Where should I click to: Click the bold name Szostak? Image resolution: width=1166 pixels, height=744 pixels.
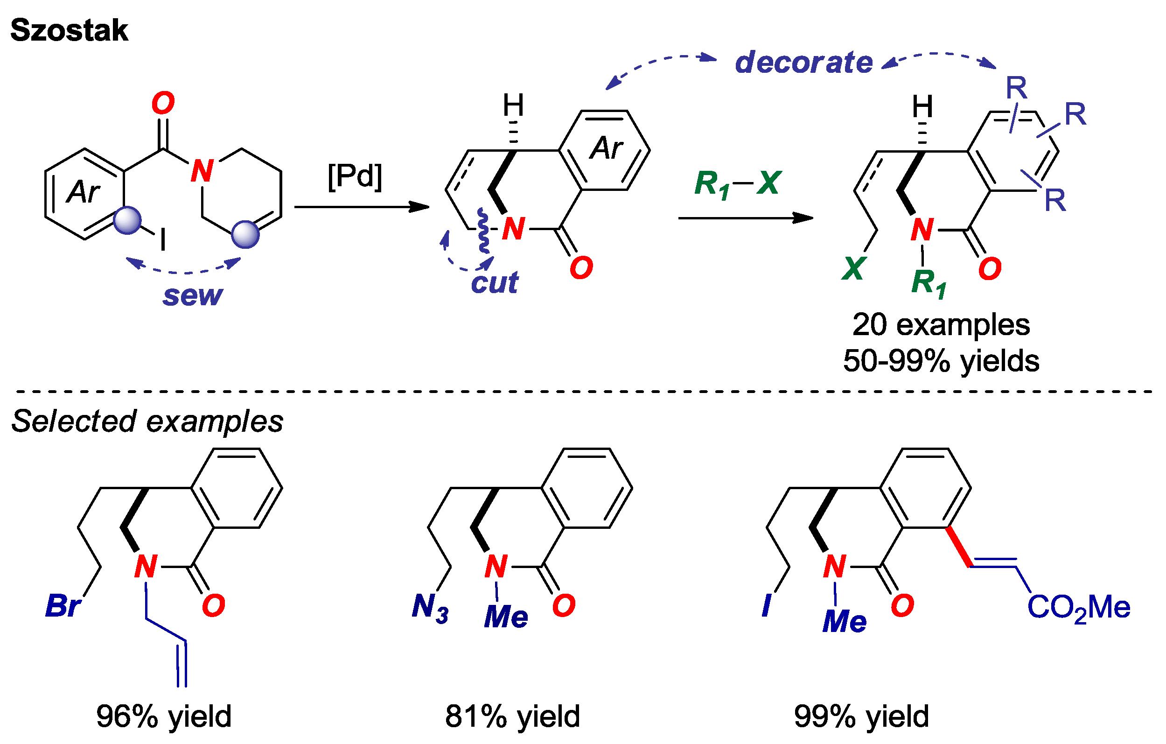pyautogui.click(x=69, y=30)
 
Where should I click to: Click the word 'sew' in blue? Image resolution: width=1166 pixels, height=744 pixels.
pyautogui.click(x=193, y=295)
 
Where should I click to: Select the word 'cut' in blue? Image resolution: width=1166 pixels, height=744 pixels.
pyautogui.click(x=494, y=282)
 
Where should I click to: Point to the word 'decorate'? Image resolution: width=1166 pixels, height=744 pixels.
pyautogui.click(x=803, y=63)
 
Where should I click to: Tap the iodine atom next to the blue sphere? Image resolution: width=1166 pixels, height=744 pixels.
pyautogui.click(x=163, y=240)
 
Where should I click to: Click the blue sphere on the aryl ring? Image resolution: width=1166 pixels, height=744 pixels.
pyautogui.click(x=127, y=221)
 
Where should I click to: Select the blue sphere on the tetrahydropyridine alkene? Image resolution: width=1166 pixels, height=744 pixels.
pyautogui.click(x=245, y=234)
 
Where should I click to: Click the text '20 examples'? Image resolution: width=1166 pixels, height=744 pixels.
pyautogui.click(x=941, y=324)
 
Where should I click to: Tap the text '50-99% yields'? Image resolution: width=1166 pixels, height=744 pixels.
pyautogui.click(x=941, y=361)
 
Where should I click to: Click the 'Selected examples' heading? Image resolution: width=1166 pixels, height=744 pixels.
pyautogui.click(x=147, y=421)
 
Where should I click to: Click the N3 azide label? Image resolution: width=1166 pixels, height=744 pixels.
pyautogui.click(x=430, y=607)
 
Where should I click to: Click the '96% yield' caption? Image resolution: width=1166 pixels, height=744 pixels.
pyautogui.click(x=164, y=716)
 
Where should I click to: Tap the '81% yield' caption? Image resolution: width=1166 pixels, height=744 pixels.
pyautogui.click(x=512, y=716)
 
